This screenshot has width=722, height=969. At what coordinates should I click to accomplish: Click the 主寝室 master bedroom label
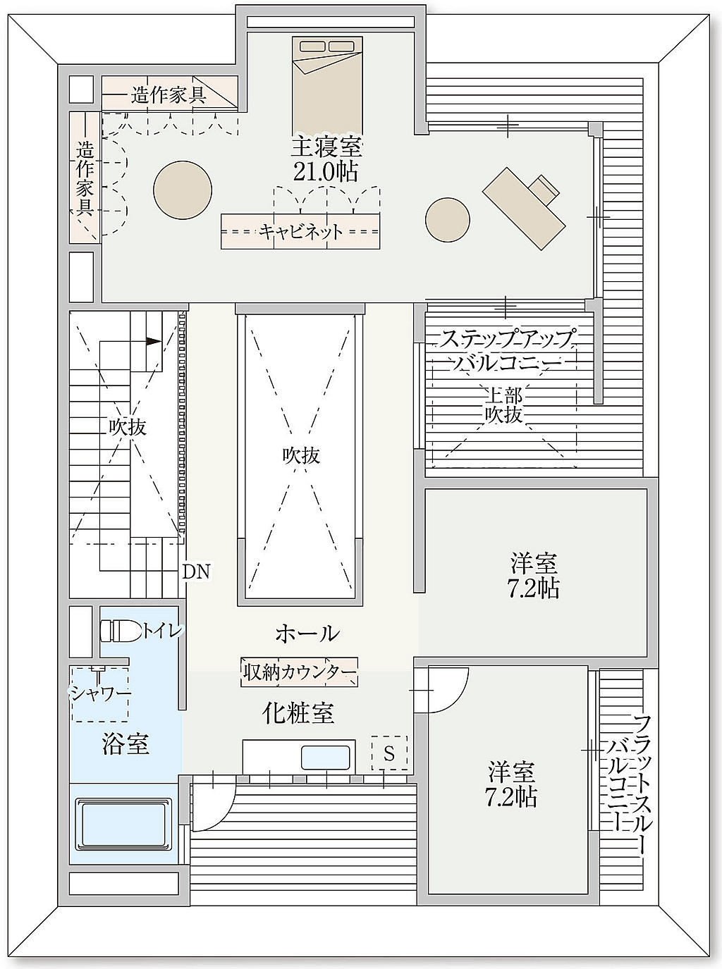pos(327,148)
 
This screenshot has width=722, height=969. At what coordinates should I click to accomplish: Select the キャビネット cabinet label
pos(300,232)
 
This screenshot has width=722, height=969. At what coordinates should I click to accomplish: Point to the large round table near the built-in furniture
pos(183,190)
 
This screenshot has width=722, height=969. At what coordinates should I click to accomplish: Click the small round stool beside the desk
pos(448,219)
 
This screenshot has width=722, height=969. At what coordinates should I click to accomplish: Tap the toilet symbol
pos(121,631)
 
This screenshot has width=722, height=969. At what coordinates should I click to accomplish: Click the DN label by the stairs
pos(196,572)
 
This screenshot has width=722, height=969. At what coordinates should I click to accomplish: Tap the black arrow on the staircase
pos(153,341)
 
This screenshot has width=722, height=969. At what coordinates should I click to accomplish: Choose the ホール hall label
pos(307,634)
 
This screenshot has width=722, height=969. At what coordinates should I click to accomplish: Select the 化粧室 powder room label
pos(298,713)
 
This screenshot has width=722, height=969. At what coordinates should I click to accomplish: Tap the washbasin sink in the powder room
pos(326,758)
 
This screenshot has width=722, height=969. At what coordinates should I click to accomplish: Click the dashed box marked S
pos(389,753)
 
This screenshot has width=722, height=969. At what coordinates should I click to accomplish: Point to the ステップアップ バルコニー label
pos(506,351)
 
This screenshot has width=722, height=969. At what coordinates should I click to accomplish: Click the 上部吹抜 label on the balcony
pos(504,406)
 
